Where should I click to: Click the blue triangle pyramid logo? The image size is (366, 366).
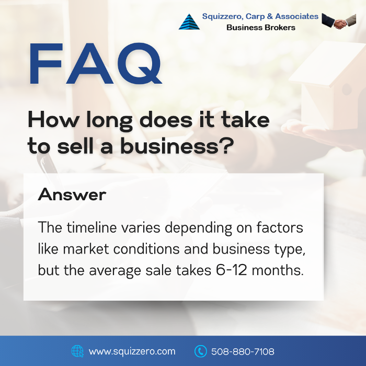click(189, 22)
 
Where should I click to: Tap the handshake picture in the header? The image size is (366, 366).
click(339, 21)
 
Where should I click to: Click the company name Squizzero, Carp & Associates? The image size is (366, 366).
click(260, 16)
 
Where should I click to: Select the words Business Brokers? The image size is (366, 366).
click(261, 28)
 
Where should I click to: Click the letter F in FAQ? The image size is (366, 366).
click(46, 63)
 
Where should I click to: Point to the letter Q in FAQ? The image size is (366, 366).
click(140, 63)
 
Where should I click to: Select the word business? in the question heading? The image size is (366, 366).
click(177, 146)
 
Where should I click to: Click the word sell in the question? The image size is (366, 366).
click(75, 146)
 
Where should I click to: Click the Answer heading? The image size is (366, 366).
click(72, 195)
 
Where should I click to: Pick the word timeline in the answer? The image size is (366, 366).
click(92, 227)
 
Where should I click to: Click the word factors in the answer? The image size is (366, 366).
click(280, 227)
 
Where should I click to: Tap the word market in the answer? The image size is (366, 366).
click(86, 249)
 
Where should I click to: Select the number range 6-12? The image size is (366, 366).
click(231, 270)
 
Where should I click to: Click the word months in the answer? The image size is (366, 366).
click(278, 270)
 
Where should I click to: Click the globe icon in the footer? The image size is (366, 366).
click(77, 351)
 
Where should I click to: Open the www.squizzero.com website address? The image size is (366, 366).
click(132, 351)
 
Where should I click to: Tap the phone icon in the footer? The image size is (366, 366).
click(200, 351)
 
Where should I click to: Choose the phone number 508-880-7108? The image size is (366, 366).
click(243, 351)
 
